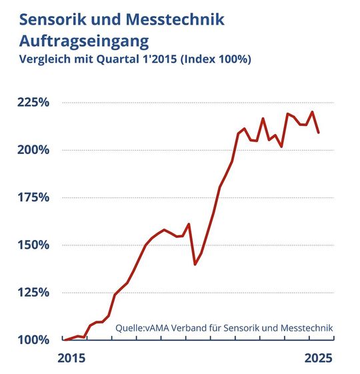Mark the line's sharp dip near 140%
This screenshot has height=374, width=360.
click(195, 264)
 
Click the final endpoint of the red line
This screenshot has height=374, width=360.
click(319, 133)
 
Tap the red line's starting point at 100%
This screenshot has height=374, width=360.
click(65, 340)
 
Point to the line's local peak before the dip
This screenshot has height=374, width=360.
click(189, 224)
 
